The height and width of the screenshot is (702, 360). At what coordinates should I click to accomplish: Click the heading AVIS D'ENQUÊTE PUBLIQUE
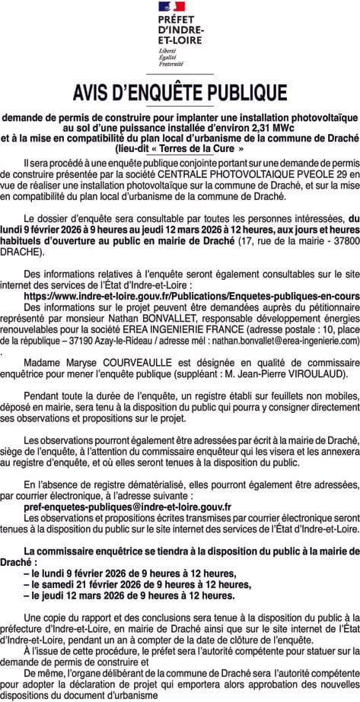(x=180, y=93)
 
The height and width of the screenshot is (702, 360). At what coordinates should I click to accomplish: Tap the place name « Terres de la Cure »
(x=180, y=149)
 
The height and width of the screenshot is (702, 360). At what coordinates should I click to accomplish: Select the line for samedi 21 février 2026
(x=138, y=585)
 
